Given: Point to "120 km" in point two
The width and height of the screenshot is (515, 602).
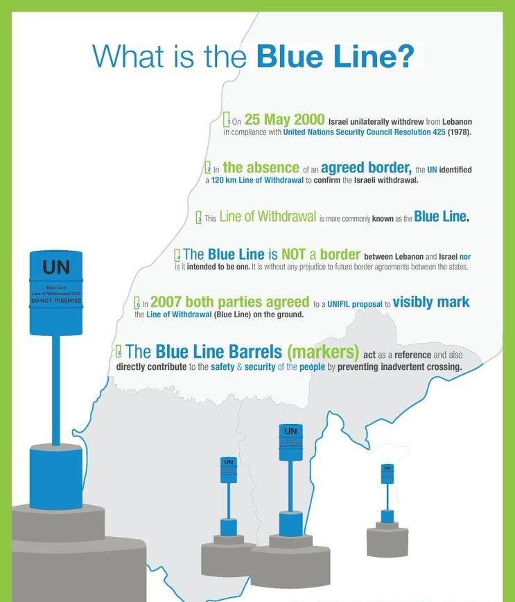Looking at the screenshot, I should click(225, 180).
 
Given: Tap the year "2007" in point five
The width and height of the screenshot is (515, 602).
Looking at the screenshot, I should click(166, 302).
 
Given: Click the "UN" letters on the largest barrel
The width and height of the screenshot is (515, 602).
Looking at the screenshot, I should click(55, 267).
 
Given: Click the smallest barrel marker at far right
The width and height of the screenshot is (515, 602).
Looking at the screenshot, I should click(387, 474).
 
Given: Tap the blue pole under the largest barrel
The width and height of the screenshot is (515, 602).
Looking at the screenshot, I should click(55, 388).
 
